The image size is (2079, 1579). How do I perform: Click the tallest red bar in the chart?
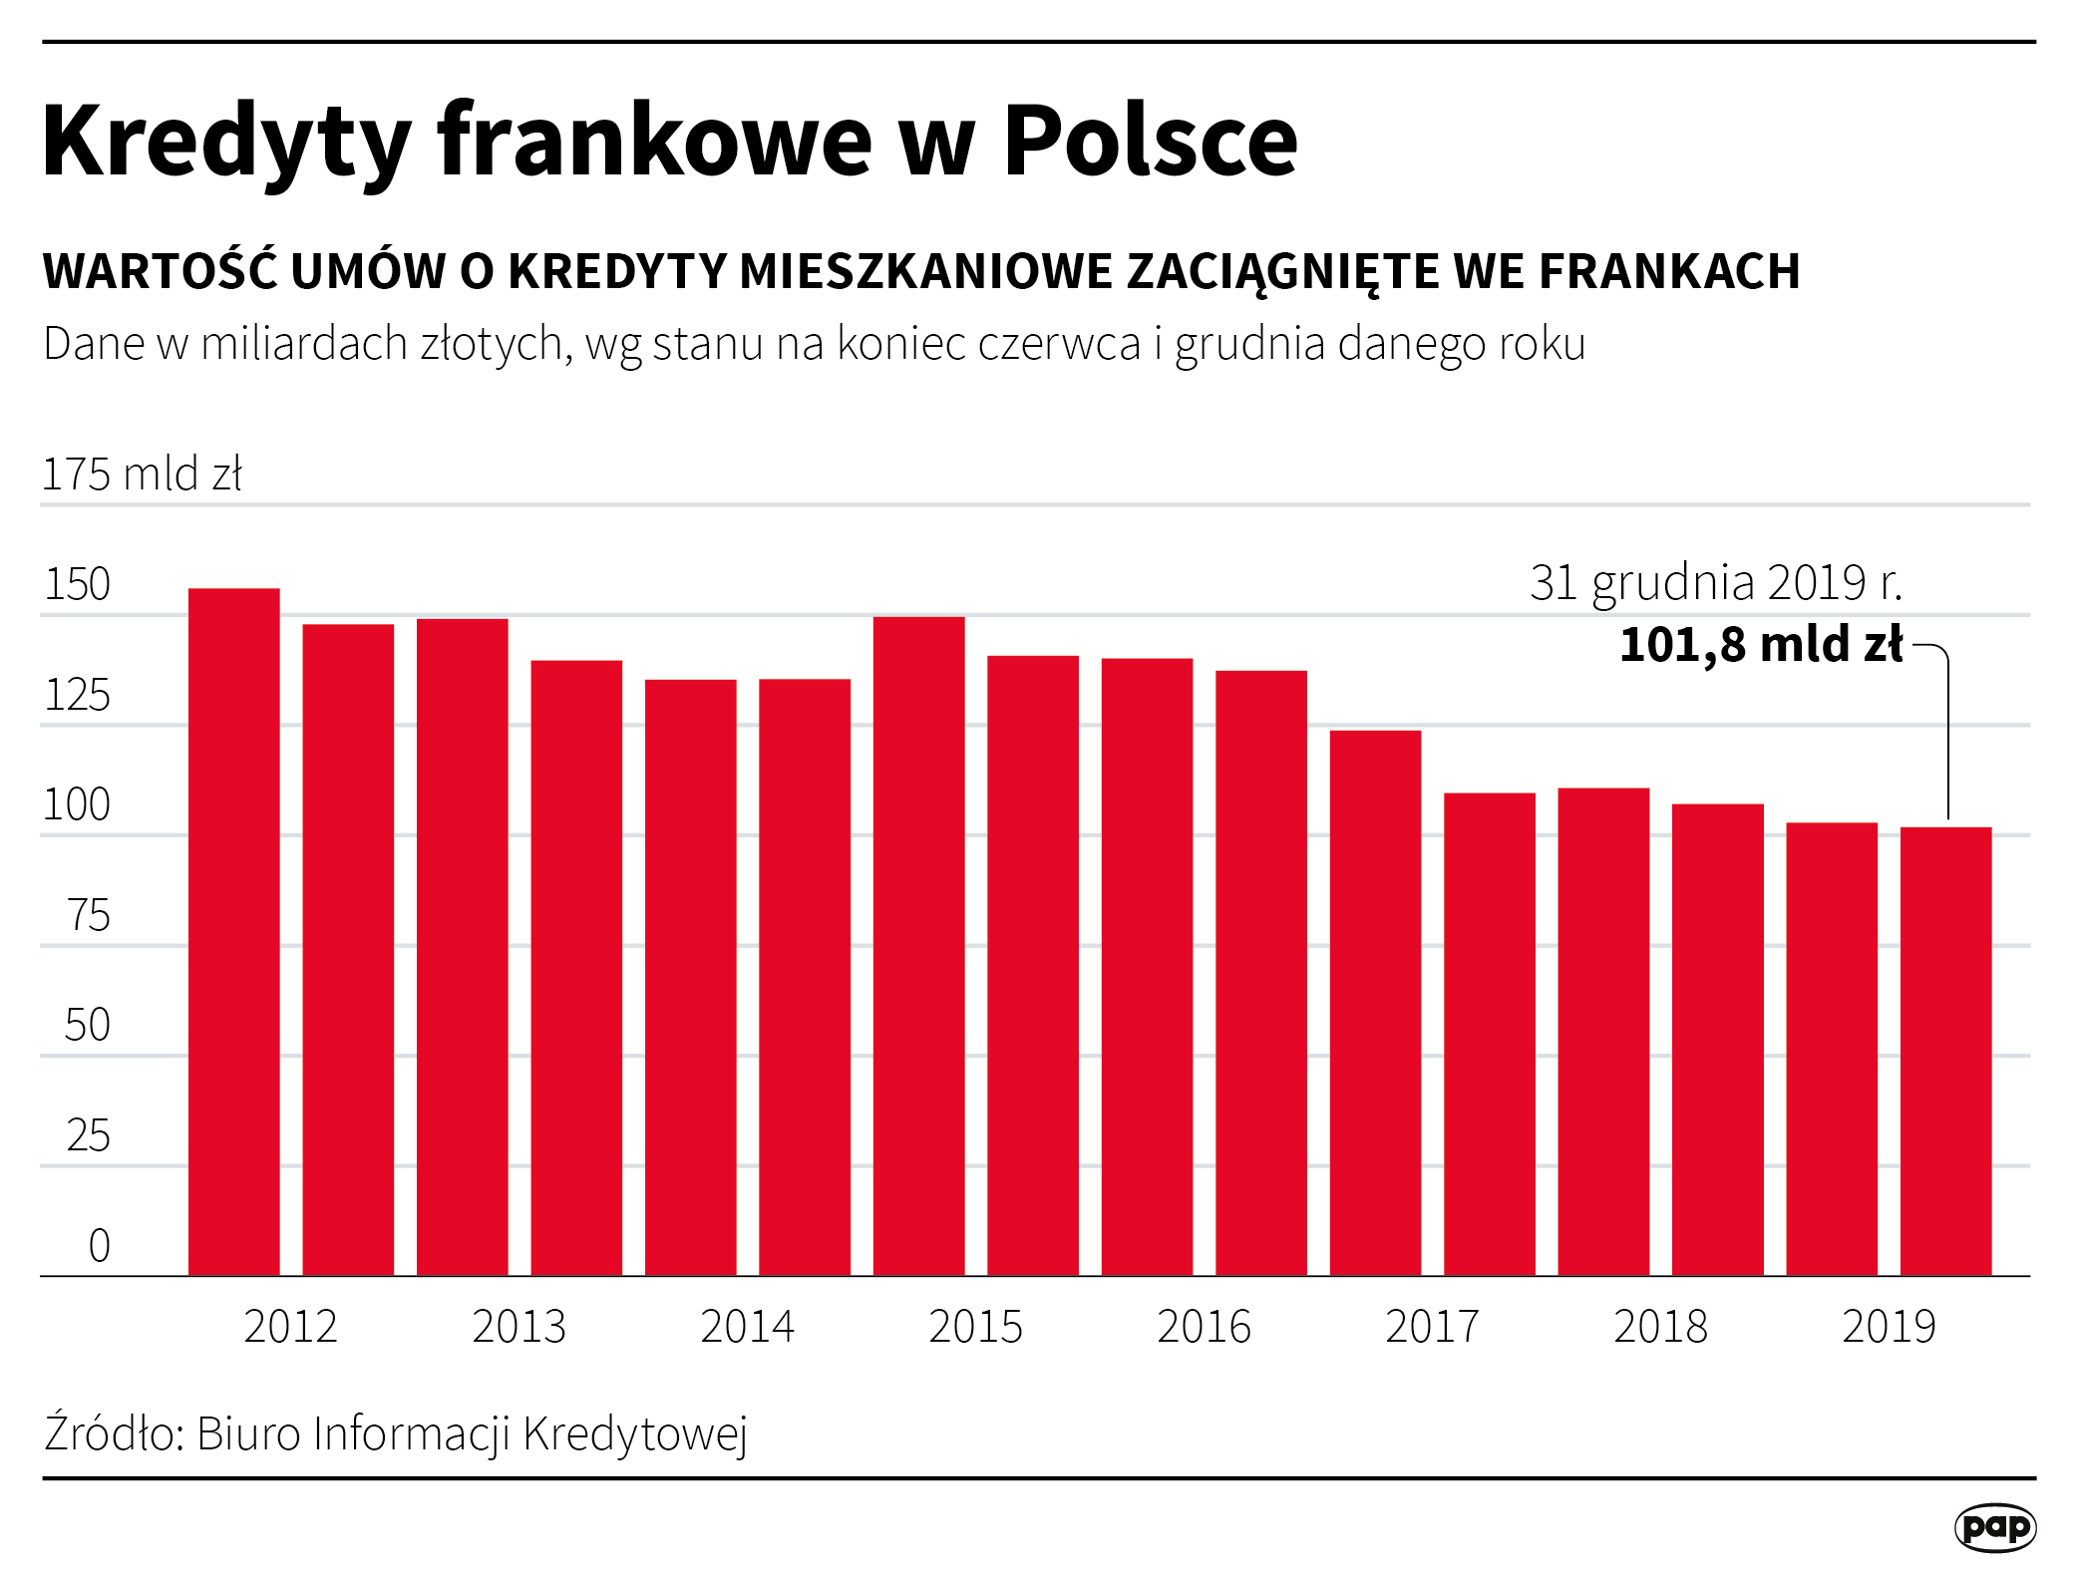coord(234,932)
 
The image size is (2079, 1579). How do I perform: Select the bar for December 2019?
coord(1945,1052)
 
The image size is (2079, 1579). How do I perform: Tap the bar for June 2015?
coord(918,947)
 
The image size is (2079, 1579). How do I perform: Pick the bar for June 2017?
coord(1375,1003)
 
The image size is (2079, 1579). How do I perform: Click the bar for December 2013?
coord(576,968)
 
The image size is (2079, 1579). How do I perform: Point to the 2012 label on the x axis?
coord(290,1327)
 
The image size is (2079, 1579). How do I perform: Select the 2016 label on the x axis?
coord(1204,1327)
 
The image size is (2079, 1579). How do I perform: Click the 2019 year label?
coord(1889,1327)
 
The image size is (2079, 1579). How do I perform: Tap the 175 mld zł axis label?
coord(142,474)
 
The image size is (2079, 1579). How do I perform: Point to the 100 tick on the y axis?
coord(77,804)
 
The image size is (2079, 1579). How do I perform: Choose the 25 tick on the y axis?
coord(88,1135)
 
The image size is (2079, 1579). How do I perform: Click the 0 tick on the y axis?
coord(99,1245)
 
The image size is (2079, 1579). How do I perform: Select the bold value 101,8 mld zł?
coord(1761,644)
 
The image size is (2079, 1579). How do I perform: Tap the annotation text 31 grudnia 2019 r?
coord(1716,582)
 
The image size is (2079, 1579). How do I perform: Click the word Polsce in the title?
coord(1150,141)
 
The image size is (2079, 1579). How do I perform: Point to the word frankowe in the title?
coord(655,141)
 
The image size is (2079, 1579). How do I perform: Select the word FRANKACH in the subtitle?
coord(1669,271)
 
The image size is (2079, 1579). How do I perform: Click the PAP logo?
coord(1995,1528)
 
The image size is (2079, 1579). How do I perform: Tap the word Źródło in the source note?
coord(111,1433)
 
